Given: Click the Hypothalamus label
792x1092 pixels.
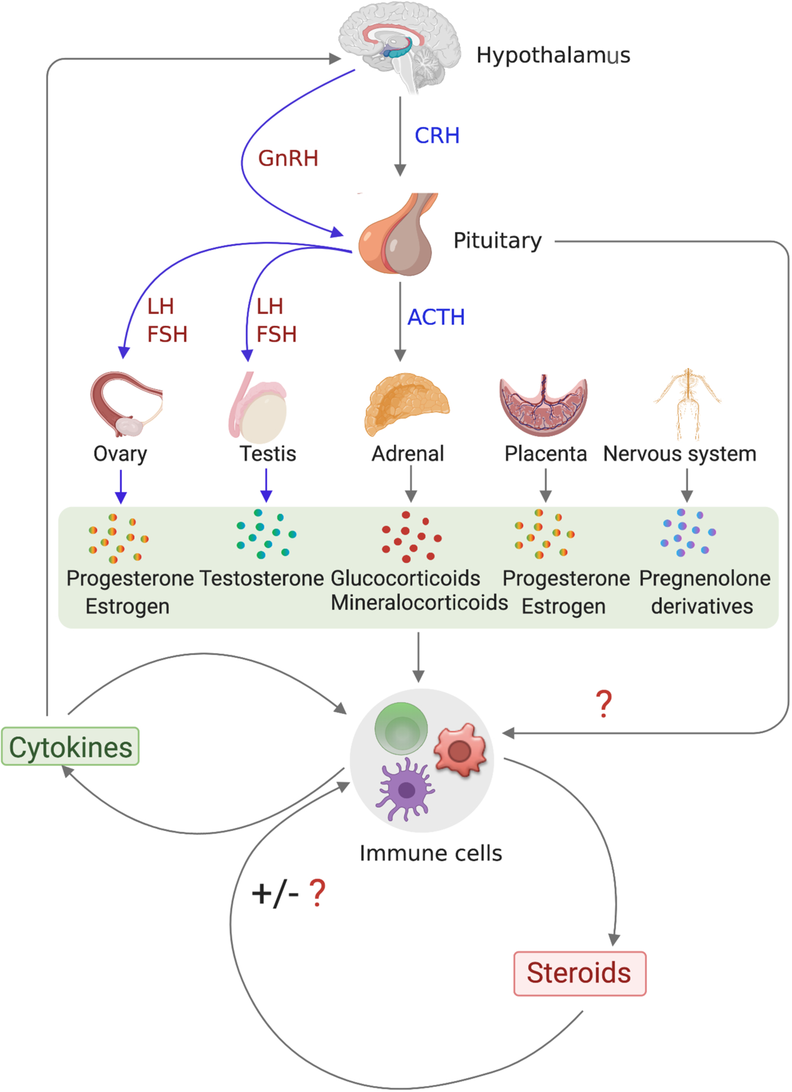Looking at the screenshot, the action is click(553, 55).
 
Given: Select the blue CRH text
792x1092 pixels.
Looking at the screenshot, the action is click(437, 136).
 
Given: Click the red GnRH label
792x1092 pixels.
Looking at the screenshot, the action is click(288, 158).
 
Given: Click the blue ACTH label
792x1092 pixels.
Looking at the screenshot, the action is click(436, 318).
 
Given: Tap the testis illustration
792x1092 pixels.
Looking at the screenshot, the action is click(259, 409).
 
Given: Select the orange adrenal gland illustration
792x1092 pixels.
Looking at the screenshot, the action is click(406, 403).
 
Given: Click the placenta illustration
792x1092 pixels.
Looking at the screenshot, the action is click(543, 406).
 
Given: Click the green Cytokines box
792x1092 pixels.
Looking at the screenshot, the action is click(71, 747).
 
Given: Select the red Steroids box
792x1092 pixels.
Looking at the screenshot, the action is click(579, 973).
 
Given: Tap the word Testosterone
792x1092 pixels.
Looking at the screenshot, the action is click(262, 579).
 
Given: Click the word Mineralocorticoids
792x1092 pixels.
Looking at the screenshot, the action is click(419, 603).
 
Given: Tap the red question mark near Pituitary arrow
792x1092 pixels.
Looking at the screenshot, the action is click(603, 704).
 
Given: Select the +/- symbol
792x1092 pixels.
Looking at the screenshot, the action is click(275, 894).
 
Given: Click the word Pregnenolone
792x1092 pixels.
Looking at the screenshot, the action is click(704, 579).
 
